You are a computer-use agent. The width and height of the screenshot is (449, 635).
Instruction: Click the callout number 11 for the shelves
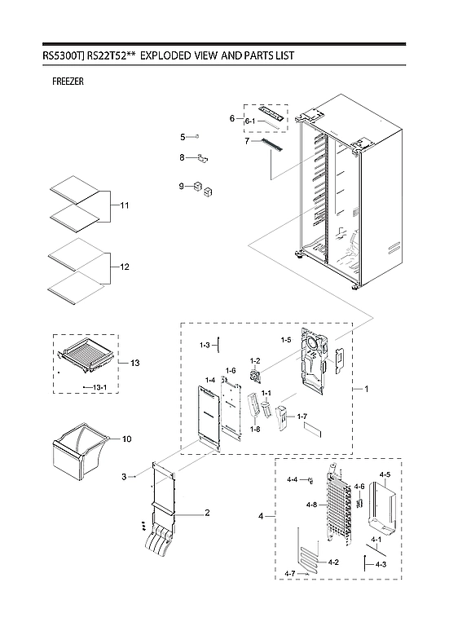125,205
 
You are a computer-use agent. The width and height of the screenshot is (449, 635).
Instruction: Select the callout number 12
125,267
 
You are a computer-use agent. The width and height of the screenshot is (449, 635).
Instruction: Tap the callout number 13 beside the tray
134,362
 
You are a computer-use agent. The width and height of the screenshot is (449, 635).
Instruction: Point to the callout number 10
126,439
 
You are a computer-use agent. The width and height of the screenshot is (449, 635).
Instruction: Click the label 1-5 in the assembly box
285,338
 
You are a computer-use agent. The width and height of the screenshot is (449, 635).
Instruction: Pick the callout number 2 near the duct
207,513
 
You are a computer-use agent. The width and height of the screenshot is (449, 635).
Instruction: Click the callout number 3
124,475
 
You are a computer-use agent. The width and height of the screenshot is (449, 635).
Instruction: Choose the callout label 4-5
385,474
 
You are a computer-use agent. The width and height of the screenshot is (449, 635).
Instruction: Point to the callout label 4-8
311,505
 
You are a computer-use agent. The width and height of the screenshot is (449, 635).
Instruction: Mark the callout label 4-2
333,562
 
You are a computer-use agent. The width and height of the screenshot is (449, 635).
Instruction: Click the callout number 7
245,141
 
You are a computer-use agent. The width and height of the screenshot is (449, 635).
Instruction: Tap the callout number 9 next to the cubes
183,187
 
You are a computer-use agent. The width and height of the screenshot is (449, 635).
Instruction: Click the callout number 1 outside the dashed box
366,390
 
